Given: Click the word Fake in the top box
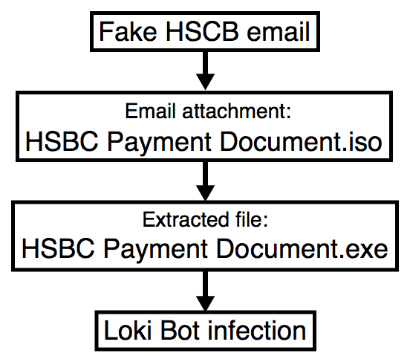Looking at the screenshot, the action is [128, 32].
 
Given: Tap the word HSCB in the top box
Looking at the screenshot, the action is [202, 32].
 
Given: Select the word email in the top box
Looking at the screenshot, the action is [278, 32].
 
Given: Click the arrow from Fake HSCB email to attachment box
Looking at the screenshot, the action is [205, 70].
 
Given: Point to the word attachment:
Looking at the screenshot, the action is [236, 111].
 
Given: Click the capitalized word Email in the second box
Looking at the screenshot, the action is [150, 111].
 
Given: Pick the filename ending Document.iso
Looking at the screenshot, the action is [301, 142].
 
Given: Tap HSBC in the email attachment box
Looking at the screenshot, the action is [62, 142].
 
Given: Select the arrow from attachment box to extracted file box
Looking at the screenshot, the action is [205, 181].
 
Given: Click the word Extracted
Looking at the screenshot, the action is [186, 219].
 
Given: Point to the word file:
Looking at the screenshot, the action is [252, 219].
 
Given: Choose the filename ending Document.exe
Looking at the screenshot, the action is [302, 249].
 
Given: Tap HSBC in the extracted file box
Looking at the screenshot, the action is [58, 249].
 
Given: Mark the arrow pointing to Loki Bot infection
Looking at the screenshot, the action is [205, 291].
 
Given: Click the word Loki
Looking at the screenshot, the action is [128, 330].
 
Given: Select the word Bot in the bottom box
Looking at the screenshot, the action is [180, 330].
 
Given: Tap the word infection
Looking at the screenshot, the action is [257, 330].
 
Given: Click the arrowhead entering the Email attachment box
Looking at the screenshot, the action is [205, 82].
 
